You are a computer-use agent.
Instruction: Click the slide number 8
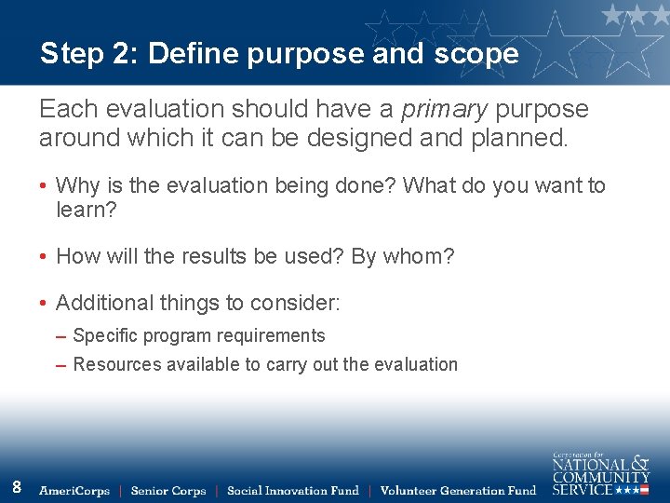(17, 486)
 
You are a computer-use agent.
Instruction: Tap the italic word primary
(444, 110)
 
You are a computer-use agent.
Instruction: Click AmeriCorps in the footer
(74, 491)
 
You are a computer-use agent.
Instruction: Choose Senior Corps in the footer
(167, 491)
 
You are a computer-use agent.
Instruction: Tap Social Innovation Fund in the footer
(292, 491)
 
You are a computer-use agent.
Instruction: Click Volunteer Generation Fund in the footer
(458, 491)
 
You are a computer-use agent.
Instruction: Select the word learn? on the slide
(87, 211)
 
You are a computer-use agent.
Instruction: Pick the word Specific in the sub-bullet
(105, 336)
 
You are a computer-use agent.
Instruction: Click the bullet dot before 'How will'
(44, 257)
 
